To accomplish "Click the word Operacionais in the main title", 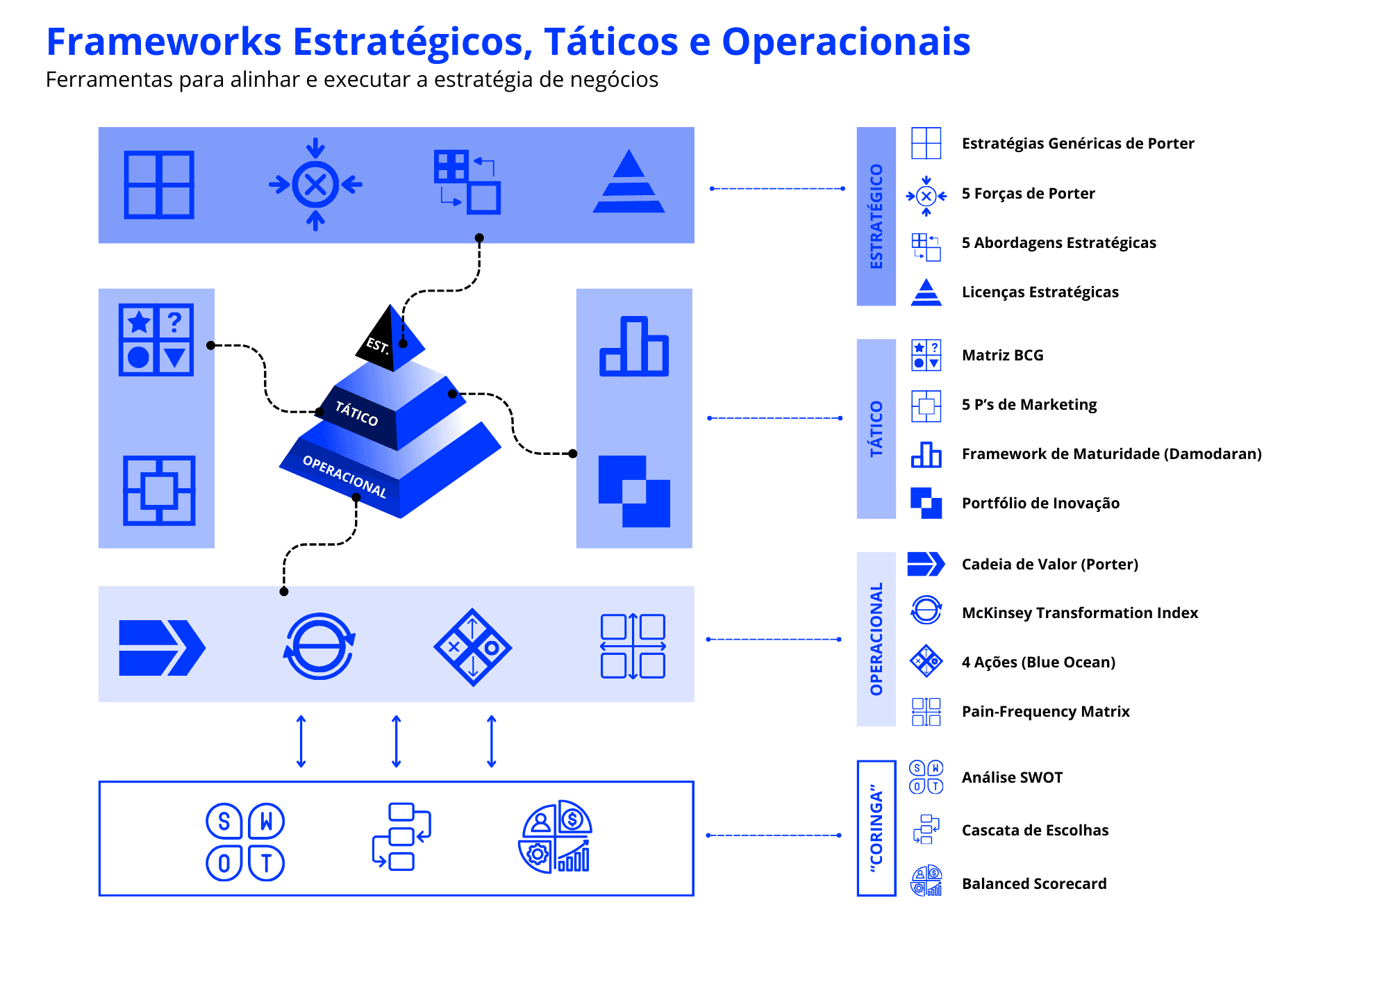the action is tap(845, 42).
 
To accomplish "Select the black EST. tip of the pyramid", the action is tap(390, 338).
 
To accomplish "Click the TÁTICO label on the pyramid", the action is tap(356, 413).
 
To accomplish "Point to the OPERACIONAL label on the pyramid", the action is tap(344, 476).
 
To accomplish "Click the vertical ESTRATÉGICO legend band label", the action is tap(876, 217).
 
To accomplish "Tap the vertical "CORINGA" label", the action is tap(876, 828).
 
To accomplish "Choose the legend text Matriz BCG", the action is tap(1002, 355).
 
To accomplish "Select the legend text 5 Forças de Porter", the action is tap(1028, 193).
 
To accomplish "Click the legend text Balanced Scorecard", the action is tap(1034, 883).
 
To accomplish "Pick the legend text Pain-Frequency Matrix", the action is tap(1045, 711).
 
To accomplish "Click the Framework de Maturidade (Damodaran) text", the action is tap(1111, 453).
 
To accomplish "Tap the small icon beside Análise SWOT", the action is tap(926, 777).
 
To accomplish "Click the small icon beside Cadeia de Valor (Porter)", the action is tap(926, 564).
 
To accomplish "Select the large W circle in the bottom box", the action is tap(267, 822).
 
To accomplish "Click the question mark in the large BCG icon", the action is tap(175, 321).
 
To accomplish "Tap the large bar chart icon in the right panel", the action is tap(634, 347).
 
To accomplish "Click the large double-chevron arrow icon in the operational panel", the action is tap(162, 647).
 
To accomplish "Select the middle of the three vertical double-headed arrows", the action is tap(397, 742).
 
